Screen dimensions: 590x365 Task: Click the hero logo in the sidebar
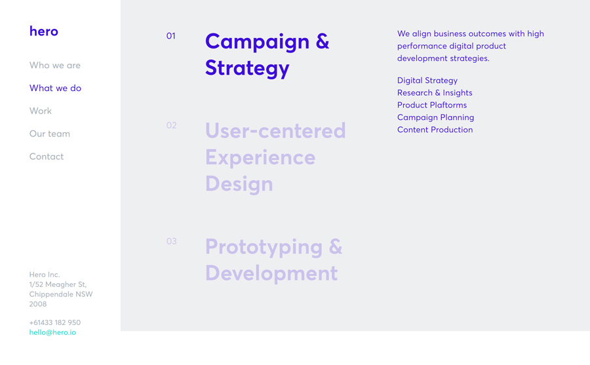point(44,31)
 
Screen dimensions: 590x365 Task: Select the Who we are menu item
point(55,66)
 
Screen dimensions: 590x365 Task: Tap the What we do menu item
point(55,88)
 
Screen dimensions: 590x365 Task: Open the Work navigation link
point(41,111)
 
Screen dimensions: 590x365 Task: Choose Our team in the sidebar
point(50,134)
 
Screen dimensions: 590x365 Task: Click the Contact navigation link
point(47,157)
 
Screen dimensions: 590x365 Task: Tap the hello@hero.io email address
point(52,332)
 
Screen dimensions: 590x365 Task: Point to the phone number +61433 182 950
point(55,322)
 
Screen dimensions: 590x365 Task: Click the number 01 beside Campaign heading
point(171,36)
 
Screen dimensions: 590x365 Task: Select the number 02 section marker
point(172,125)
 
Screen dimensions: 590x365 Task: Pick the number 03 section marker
point(172,241)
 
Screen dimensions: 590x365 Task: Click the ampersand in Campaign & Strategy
point(323,41)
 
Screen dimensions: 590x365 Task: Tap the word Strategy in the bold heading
point(247,69)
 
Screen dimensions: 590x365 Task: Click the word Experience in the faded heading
point(260,157)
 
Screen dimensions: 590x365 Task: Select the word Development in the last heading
point(271,273)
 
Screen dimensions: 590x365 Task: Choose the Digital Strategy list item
point(427,81)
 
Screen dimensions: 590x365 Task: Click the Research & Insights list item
point(435,93)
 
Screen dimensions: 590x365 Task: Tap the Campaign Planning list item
point(436,117)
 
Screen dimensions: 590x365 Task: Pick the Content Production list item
point(435,130)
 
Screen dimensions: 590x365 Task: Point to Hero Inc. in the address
point(45,275)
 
